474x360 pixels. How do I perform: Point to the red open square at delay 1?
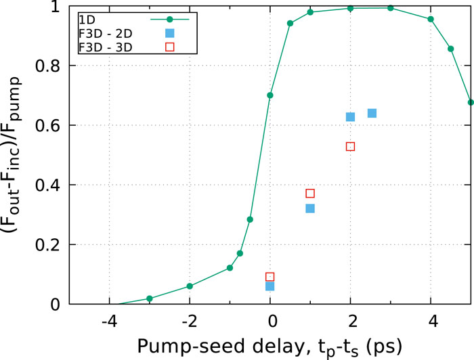pyautogui.click(x=310, y=194)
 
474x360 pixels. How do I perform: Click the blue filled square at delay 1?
pyautogui.click(x=310, y=208)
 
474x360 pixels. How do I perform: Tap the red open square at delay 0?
pyautogui.click(x=270, y=277)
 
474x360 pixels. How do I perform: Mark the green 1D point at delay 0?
pyautogui.click(x=270, y=95)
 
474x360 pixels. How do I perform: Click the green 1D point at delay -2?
pyautogui.click(x=190, y=286)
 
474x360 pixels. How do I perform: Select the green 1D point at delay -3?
pyautogui.click(x=150, y=298)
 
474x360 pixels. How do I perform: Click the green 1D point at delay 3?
pyautogui.click(x=391, y=8)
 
